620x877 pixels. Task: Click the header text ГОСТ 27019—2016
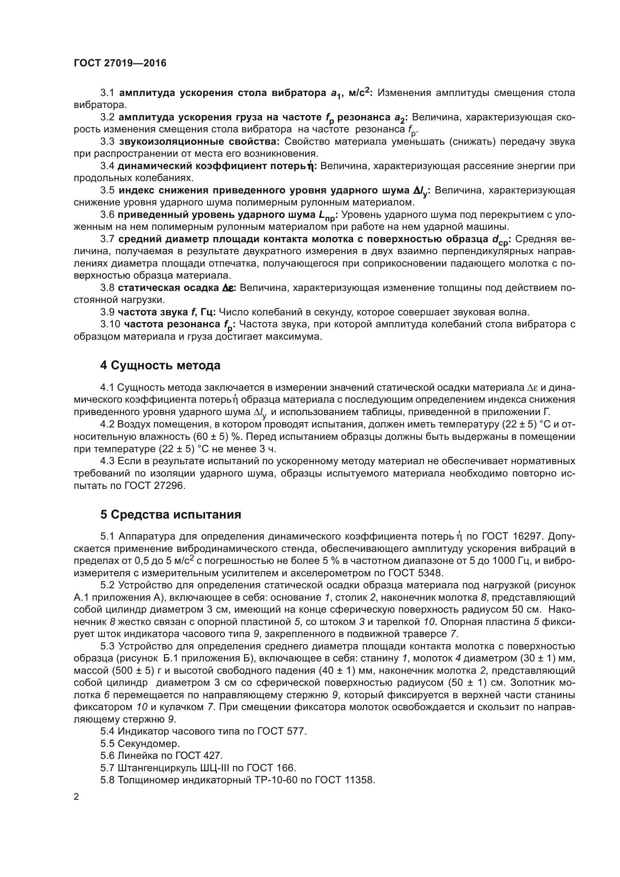click(x=120, y=63)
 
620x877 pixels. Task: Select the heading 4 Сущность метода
click(x=160, y=366)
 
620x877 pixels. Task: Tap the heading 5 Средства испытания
click(x=171, y=514)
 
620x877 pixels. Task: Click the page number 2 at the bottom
click(x=76, y=797)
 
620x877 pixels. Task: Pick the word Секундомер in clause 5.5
click(x=148, y=743)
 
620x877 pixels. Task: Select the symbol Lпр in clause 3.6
click(x=327, y=216)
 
